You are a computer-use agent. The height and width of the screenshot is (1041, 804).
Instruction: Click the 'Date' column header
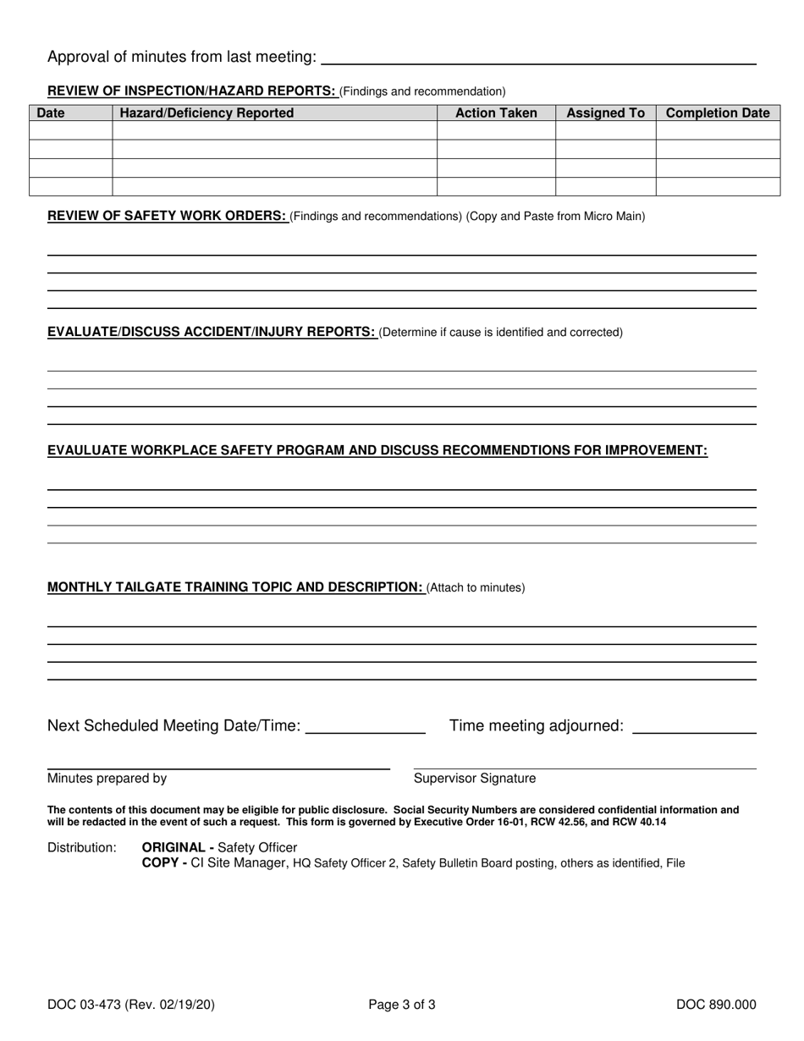pyautogui.click(x=51, y=113)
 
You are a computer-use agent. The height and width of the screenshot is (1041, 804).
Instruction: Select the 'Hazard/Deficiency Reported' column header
pyautogui.click(x=207, y=113)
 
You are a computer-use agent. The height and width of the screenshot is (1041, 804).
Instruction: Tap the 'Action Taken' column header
pyautogui.click(x=496, y=113)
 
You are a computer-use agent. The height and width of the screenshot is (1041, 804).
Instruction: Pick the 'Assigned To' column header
pyautogui.click(x=605, y=113)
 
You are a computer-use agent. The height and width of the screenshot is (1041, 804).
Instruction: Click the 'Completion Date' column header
pyautogui.click(x=718, y=113)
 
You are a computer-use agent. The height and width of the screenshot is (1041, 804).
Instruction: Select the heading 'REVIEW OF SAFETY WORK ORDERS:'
pyautogui.click(x=167, y=216)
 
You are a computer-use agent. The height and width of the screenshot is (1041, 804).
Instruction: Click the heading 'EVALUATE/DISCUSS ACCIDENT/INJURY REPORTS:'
pyautogui.click(x=212, y=332)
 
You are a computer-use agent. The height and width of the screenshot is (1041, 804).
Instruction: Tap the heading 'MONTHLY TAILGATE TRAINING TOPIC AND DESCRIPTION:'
pyautogui.click(x=235, y=587)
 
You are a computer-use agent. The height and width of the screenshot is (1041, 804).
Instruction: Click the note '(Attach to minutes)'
pyautogui.click(x=476, y=587)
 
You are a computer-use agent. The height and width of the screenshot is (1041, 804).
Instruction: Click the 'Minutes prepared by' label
pyautogui.click(x=107, y=779)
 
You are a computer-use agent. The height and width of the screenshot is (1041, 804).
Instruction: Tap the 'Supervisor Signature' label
pyautogui.click(x=474, y=779)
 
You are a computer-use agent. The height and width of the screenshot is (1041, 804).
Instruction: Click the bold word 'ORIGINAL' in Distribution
pyautogui.click(x=173, y=847)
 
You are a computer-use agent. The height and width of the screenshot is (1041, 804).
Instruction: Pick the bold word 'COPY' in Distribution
pyautogui.click(x=159, y=863)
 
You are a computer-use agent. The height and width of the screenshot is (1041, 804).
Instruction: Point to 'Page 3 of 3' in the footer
pyautogui.click(x=402, y=1005)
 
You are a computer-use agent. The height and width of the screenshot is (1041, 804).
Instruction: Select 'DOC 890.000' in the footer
pyautogui.click(x=716, y=1005)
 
